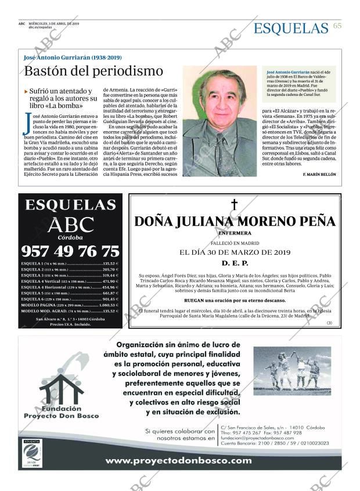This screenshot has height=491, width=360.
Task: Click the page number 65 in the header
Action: click(x=337, y=27)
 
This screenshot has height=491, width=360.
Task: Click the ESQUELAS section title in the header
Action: click(x=291, y=28)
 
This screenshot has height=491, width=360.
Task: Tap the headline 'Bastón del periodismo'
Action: click(x=93, y=71)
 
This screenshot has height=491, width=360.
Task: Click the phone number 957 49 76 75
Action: click(x=70, y=251)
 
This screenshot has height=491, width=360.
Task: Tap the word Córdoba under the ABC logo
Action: click(x=70, y=237)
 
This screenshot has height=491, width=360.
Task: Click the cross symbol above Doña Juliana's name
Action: click(x=235, y=204)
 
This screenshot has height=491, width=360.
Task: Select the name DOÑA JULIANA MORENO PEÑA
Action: click(x=235, y=221)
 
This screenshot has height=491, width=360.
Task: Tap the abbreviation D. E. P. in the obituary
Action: click(x=235, y=263)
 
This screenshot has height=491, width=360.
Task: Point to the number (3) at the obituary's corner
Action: click(x=330, y=323)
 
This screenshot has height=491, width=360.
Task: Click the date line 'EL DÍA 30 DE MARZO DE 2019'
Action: click(x=235, y=252)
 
